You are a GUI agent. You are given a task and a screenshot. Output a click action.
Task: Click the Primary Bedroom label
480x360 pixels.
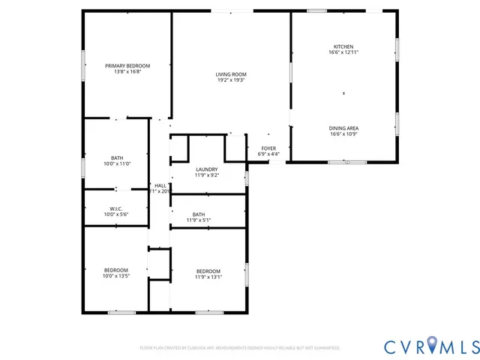coord(127,66)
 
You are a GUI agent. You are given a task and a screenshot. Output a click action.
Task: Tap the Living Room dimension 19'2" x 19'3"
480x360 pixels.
coord(231,80)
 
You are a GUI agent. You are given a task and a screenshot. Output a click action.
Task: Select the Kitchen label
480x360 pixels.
coord(343,46)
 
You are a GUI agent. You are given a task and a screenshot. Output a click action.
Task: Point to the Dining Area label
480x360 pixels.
coord(343,127)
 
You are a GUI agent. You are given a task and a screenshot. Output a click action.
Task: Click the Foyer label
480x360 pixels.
coord(268,148)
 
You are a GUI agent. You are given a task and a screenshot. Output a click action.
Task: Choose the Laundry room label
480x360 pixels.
coord(206,169)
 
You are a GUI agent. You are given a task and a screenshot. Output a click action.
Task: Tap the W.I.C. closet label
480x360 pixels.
coord(116,209)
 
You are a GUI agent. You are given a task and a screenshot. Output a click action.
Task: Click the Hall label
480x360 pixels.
coord(160,185)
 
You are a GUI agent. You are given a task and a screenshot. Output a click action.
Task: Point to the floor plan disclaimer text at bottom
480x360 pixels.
coord(240,348)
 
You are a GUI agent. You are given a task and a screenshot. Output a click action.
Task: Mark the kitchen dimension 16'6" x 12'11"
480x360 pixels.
coord(343,52)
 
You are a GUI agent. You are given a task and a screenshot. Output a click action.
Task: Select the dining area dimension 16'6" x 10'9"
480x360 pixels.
coord(343,133)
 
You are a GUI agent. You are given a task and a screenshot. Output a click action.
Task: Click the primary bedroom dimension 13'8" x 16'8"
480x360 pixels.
coord(127,72)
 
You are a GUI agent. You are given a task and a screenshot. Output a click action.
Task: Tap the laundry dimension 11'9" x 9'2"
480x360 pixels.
coord(206,175)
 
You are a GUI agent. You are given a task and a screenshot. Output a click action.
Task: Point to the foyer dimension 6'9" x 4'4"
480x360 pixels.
coord(268,154)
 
